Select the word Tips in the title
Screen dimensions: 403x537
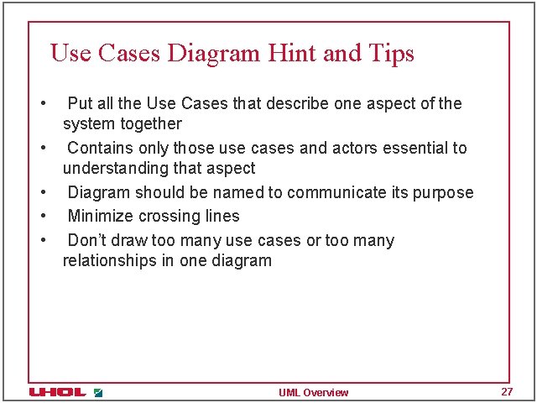(x=390, y=54)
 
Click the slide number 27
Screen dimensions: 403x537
(x=506, y=392)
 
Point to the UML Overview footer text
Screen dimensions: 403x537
(x=314, y=393)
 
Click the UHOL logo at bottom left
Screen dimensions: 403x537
(x=57, y=392)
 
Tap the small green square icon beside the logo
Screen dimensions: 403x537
(x=98, y=392)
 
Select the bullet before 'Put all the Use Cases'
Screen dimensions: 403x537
(x=42, y=104)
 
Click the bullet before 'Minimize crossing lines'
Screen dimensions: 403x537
(x=42, y=217)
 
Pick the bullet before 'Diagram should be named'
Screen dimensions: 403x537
(x=42, y=193)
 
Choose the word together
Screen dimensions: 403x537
(x=151, y=124)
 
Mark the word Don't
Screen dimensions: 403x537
(x=89, y=241)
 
